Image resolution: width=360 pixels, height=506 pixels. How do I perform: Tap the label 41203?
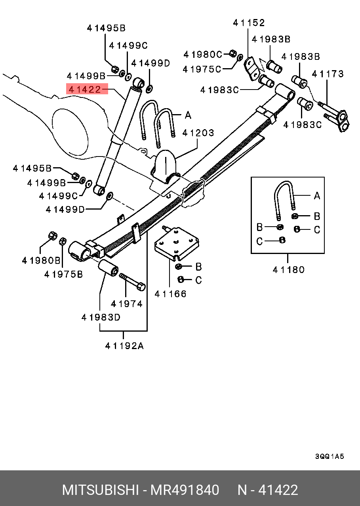click(198, 133)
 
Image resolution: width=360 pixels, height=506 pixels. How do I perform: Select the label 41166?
click(170, 294)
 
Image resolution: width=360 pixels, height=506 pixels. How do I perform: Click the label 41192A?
click(124, 346)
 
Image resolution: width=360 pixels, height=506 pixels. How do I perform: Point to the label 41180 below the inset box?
click(289, 270)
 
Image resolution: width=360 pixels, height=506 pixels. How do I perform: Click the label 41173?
click(328, 74)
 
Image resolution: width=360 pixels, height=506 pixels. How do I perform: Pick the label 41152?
click(249, 23)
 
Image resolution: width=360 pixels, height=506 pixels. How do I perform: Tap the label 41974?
click(126, 304)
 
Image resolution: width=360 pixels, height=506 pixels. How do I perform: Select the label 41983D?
click(101, 317)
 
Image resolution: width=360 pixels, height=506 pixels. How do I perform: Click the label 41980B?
click(41, 261)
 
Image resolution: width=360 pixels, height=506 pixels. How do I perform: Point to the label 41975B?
click(63, 274)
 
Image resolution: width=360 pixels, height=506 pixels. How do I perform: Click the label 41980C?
click(203, 54)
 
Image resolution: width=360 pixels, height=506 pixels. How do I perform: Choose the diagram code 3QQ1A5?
click(329, 456)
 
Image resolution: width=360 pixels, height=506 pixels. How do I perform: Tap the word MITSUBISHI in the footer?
click(100, 490)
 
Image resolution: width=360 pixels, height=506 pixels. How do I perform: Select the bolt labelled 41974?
click(132, 281)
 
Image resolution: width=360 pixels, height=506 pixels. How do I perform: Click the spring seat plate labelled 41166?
click(176, 242)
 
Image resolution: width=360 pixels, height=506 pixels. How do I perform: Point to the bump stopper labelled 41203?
click(165, 166)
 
